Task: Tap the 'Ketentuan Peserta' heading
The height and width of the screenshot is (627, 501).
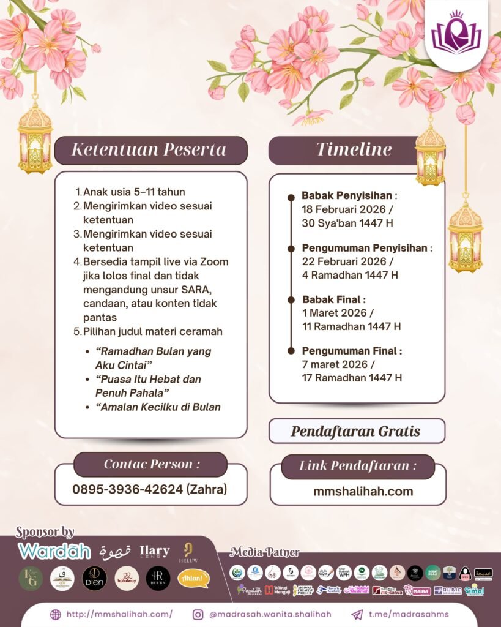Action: point(149,150)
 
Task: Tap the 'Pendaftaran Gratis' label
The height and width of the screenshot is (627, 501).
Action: point(355,431)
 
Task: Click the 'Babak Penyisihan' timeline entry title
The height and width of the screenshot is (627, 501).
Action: point(347,196)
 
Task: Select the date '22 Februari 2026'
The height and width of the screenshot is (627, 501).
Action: point(346,261)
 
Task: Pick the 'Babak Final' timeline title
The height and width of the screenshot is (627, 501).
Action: point(334,300)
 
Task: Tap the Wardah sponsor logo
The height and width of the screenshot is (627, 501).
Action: point(54,550)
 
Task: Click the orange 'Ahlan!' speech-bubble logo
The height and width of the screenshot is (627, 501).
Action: point(193,578)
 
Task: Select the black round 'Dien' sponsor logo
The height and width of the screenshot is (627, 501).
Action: point(94,578)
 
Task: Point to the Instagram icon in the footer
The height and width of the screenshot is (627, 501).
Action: point(198,614)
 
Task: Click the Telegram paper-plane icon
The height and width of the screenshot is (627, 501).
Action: point(357,614)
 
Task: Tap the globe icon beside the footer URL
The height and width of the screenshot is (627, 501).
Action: point(56,614)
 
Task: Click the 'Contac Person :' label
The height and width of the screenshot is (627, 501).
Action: point(151,464)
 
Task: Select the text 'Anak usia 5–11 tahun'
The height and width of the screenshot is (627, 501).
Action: point(134,192)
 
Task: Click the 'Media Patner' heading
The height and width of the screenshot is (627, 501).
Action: point(264,552)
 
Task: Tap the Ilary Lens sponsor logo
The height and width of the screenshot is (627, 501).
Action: point(154,551)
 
